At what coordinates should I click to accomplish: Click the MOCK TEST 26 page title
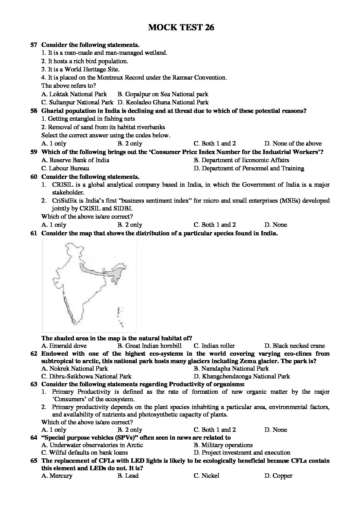point(181,28)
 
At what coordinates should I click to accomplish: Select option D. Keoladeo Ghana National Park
point(163,102)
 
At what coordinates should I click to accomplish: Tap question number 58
point(34,111)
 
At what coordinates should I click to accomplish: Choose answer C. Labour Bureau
point(65,168)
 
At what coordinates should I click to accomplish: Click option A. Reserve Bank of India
point(75,160)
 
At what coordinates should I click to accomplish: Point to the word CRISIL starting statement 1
point(62,185)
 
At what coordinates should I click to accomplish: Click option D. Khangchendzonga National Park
point(242,376)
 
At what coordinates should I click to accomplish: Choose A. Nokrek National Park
point(75,368)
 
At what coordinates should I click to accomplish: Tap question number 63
point(34,385)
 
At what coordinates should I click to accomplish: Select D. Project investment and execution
point(242,453)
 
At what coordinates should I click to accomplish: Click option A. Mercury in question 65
point(57,476)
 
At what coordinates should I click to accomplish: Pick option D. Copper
point(278,476)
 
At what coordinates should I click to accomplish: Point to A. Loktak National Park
point(74,94)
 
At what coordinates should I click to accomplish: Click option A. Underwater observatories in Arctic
point(92,445)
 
